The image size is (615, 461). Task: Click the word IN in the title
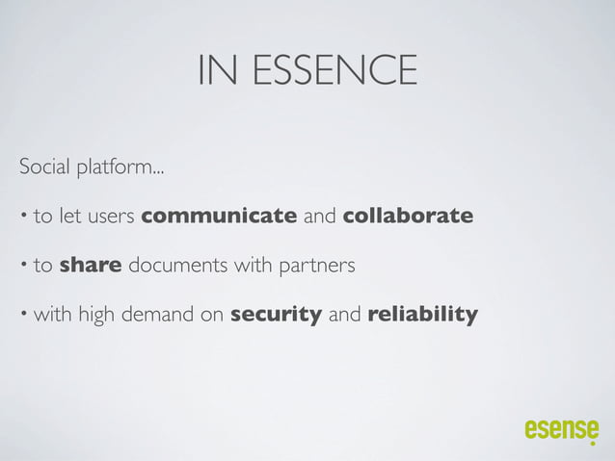211,70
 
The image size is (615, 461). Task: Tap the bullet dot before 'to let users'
23,216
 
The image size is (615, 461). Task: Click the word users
112,216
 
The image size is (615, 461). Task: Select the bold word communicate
219,216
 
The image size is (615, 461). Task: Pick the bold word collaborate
408,216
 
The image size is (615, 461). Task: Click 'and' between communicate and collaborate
319,216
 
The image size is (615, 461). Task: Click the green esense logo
561,430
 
